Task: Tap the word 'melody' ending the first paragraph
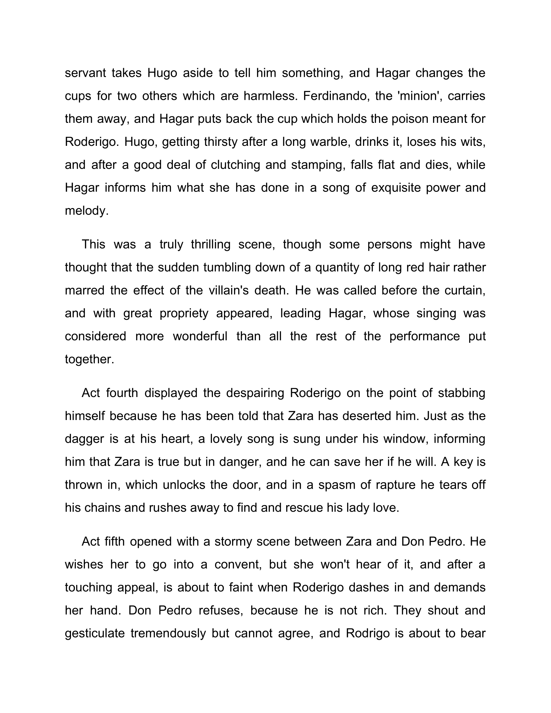point(86,211)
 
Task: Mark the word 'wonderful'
point(200,336)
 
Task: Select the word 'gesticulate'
point(95,633)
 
